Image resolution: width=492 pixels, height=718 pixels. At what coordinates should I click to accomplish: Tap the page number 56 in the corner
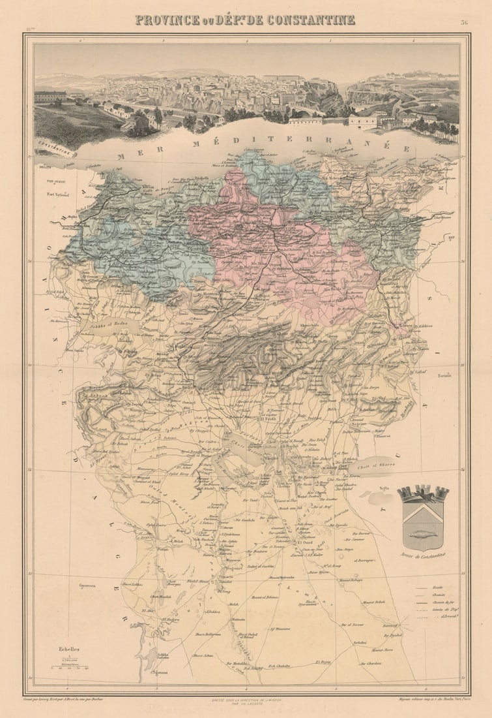[x=464, y=22]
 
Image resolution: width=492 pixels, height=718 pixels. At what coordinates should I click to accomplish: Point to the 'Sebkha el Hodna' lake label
[x=107, y=323]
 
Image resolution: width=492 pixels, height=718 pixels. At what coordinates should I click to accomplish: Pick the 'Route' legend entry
[x=438, y=587]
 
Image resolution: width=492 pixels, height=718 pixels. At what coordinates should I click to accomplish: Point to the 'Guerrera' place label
[x=87, y=585]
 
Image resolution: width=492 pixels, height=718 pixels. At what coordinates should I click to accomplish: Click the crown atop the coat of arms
[x=423, y=492]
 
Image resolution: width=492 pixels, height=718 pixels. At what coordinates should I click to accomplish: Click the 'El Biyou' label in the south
[x=323, y=661]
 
